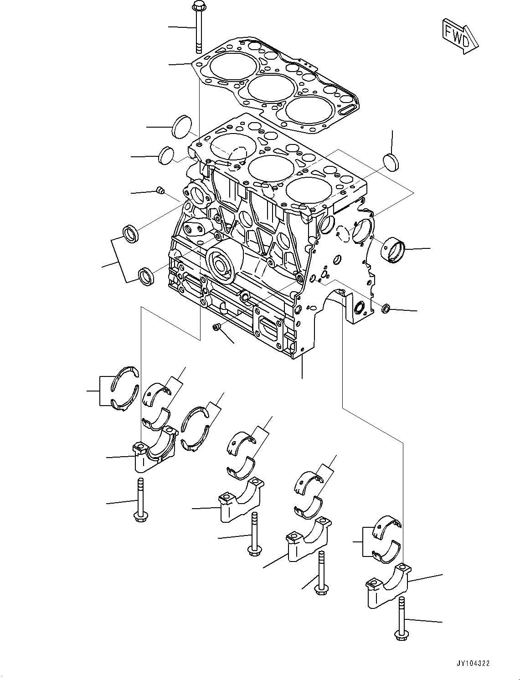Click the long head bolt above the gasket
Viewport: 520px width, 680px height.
199,27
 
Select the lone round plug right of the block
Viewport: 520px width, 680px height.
391,162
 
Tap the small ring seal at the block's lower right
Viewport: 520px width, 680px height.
385,309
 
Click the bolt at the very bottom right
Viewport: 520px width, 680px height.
401,619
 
